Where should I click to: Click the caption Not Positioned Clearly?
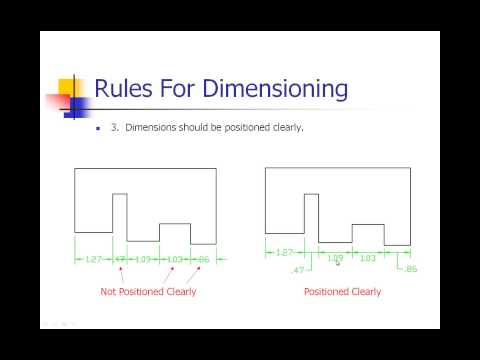(148, 292)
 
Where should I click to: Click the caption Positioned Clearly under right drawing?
(342, 292)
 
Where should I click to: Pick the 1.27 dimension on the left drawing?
(93, 260)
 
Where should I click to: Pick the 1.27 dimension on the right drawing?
(284, 253)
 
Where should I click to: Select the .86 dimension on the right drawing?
(409, 269)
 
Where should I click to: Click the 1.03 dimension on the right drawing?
(367, 259)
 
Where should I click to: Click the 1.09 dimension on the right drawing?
(335, 258)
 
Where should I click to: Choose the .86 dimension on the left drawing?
(203, 260)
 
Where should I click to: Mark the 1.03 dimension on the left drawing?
(175, 260)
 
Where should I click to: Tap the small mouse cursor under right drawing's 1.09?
(338, 266)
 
